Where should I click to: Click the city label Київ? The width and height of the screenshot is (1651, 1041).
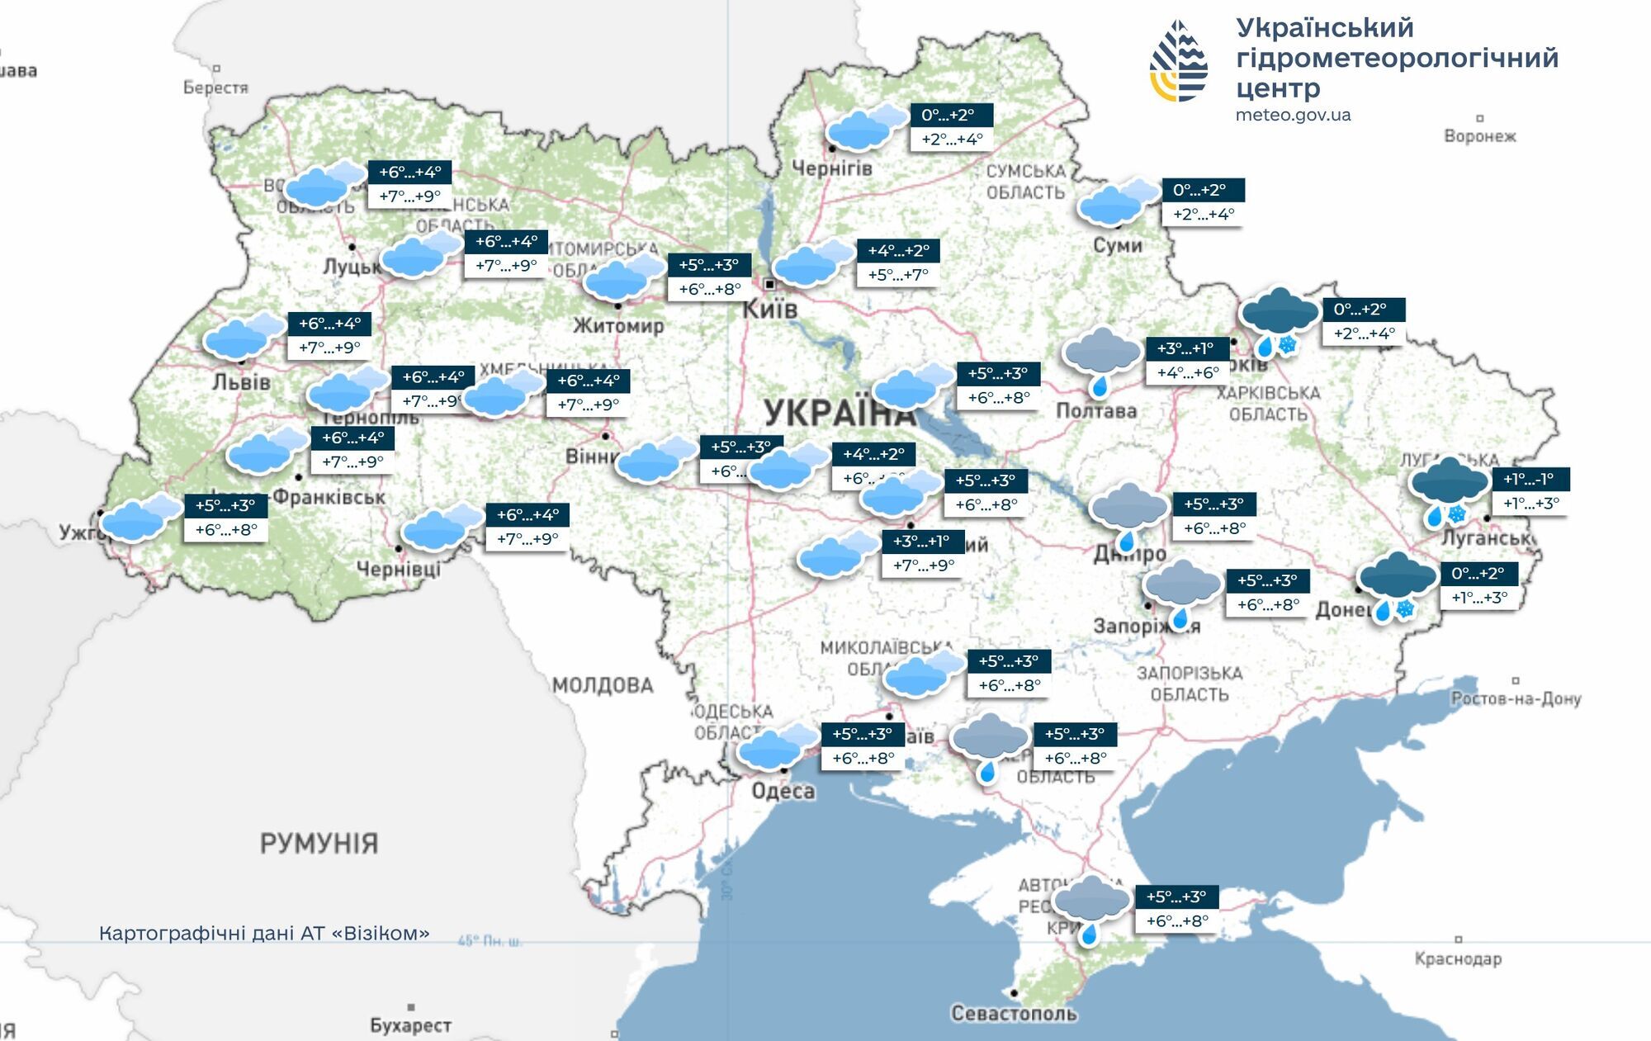(769, 310)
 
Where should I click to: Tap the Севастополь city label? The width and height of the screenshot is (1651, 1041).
(1013, 1013)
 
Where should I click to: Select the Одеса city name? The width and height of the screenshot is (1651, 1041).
(783, 791)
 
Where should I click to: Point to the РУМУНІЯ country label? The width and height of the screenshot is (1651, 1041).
(319, 843)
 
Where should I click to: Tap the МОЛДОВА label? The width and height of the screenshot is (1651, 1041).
(603, 685)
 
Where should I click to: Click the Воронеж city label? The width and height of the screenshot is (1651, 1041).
(1479, 136)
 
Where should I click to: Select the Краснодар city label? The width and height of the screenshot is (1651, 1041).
(1458, 958)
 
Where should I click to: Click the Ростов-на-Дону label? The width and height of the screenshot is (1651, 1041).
(1516, 698)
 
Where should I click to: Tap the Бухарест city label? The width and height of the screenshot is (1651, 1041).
(410, 1025)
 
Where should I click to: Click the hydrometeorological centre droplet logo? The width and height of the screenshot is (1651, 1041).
(1179, 61)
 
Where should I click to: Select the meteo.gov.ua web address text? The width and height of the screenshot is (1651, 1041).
(1293, 116)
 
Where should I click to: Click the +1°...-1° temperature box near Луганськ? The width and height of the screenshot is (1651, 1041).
(1530, 479)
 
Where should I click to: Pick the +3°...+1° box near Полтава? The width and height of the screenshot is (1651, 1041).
(1186, 348)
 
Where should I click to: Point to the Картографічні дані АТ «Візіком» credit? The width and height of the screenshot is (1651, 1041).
(264, 934)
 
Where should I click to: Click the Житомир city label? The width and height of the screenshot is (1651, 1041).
(618, 325)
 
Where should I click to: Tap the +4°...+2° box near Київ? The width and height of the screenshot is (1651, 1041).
(898, 250)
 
